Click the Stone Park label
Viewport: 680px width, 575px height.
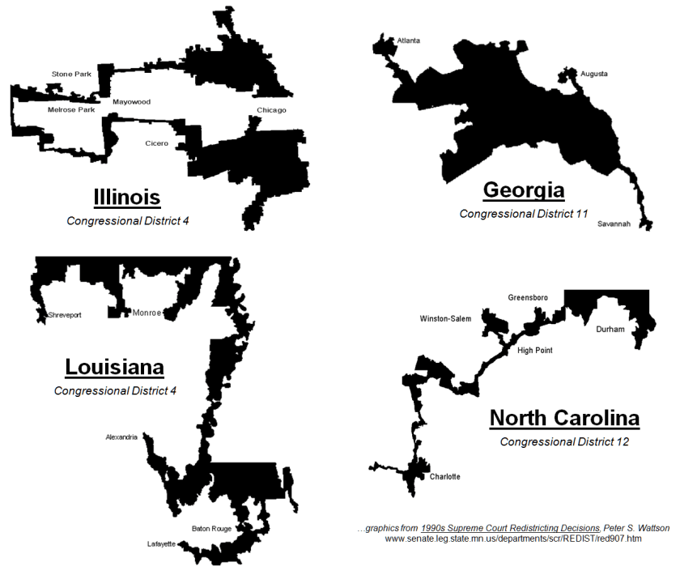pos(71,74)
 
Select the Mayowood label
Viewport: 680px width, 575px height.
pos(131,102)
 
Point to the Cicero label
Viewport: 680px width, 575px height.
pos(157,143)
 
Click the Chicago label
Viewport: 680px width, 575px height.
pos(271,110)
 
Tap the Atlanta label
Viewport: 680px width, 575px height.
pos(409,40)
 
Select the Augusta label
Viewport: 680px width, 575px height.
pos(593,74)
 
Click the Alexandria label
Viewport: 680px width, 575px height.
pos(124,437)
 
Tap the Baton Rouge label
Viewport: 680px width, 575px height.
pos(212,529)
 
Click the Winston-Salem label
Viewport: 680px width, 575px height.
pos(445,318)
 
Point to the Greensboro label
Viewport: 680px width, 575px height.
pos(528,297)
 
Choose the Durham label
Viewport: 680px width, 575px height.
pos(610,330)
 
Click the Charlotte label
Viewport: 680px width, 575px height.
pos(445,476)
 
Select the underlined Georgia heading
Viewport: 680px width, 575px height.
pos(523,190)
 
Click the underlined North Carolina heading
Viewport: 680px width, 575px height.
pos(564,419)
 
